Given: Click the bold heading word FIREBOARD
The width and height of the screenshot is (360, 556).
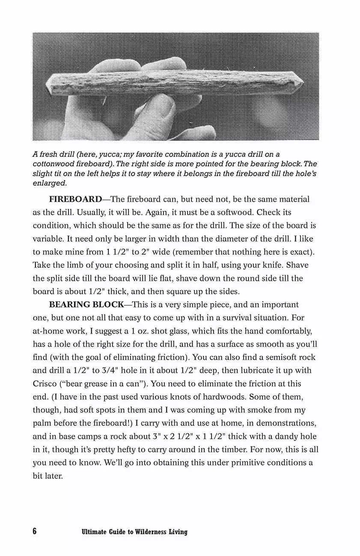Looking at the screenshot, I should (x=75, y=199).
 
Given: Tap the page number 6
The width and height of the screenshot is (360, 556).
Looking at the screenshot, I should (x=35, y=532).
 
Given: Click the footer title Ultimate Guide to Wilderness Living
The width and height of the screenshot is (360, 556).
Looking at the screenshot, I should (x=134, y=532).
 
